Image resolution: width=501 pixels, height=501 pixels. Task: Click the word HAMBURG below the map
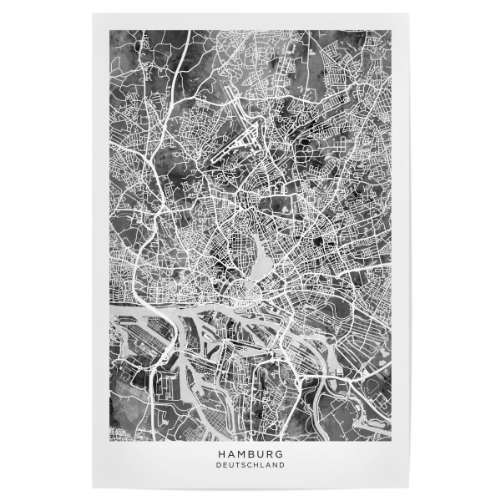(x=250, y=453)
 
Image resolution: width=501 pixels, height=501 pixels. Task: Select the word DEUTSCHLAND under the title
(x=250, y=465)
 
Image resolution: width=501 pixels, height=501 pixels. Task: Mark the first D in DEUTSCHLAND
(x=218, y=465)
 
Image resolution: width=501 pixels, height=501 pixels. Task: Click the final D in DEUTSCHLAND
(x=282, y=465)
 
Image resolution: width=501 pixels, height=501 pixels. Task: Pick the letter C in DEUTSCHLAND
(x=249, y=465)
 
